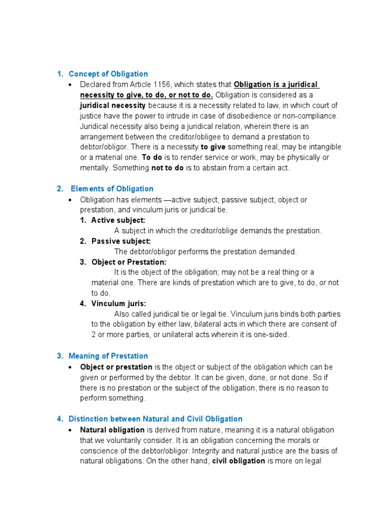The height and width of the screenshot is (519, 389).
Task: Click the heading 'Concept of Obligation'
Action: coord(108,74)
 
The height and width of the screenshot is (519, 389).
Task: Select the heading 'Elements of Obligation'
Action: coord(112,189)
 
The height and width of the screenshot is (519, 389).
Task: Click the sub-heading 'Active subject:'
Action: coord(118,220)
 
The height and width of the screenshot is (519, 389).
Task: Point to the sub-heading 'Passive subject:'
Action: coord(121,241)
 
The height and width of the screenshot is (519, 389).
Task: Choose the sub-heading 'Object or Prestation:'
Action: coord(129,262)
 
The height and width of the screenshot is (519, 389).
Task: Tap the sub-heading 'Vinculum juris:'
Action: coord(119,304)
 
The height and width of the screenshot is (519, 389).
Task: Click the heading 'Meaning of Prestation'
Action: coord(108,356)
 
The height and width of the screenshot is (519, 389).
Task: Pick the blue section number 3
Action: coord(59,356)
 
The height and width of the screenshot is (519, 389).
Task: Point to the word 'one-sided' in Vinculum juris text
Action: coord(272,335)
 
